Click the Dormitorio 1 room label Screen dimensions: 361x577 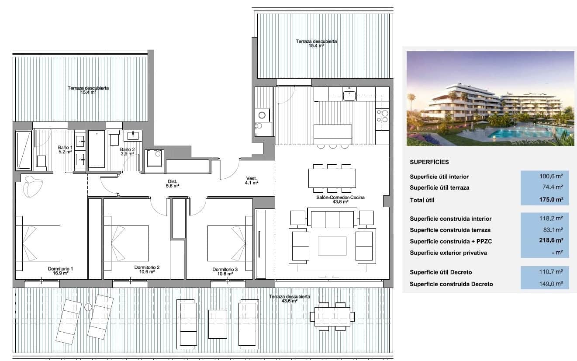60,271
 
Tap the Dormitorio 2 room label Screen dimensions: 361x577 147,269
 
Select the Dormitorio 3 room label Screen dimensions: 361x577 225,271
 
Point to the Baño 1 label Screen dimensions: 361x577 65,150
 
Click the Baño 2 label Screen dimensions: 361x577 127,151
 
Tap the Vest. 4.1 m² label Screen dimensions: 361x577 252,180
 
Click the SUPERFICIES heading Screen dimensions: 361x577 429,162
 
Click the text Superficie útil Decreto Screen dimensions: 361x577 441,272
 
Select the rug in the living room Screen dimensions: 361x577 332,246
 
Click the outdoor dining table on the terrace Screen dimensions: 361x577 332,315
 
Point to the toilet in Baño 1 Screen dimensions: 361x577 41,162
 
